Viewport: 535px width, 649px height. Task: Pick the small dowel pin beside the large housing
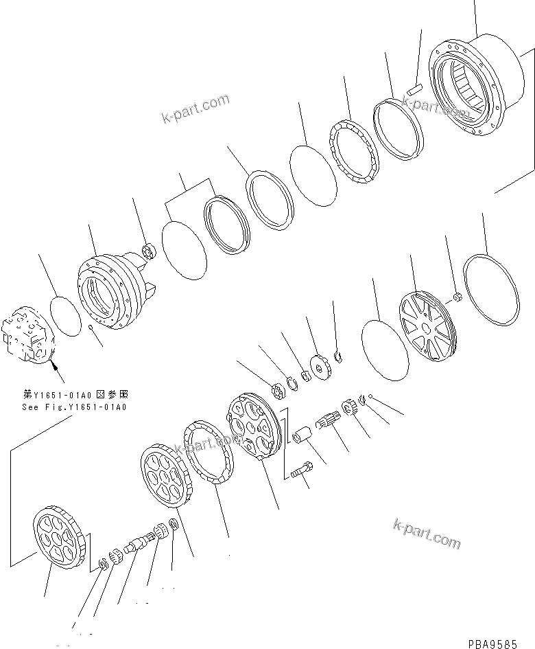(412, 89)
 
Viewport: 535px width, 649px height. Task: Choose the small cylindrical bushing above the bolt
(301, 437)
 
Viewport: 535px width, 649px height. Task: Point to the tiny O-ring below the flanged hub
(91, 328)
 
